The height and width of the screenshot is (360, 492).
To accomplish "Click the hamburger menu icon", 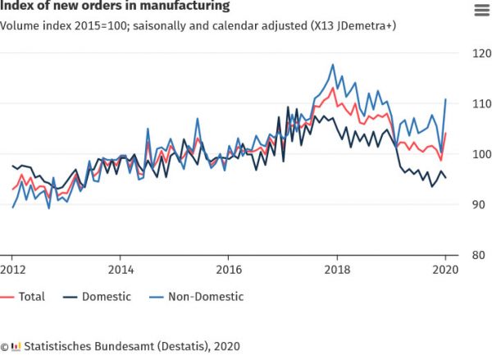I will click(480, 10).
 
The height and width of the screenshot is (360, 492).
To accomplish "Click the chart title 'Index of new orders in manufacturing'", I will click(114, 7).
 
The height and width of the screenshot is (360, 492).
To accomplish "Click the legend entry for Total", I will click(25, 297).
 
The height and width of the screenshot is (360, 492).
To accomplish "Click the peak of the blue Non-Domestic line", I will click(333, 64).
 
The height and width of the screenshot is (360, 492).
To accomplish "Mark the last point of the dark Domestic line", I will click(445, 177).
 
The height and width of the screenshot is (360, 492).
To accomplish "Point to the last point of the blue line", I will click(445, 99).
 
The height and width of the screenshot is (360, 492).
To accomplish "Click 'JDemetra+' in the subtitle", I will click(362, 26).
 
